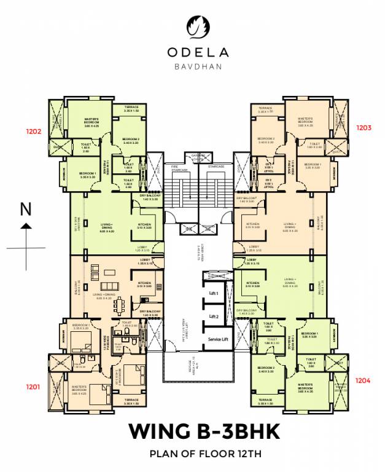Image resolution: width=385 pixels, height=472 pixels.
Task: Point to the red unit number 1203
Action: (364, 128)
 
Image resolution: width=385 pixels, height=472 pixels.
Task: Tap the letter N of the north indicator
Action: (26, 210)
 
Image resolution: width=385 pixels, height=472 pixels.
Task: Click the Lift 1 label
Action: (214, 294)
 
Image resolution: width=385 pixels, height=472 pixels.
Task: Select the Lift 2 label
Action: (214, 317)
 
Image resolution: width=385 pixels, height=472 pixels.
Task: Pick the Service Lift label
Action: (219, 340)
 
